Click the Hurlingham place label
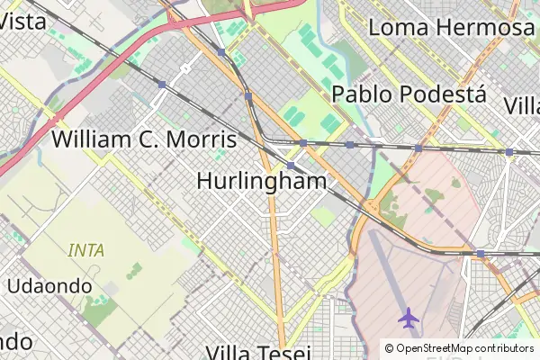coord(261,181)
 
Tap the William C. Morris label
coord(144,139)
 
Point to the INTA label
coord(86,250)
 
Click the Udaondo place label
coord(49,285)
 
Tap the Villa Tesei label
coord(258,352)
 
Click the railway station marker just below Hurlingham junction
coord(291,166)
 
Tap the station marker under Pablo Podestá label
coord(349,144)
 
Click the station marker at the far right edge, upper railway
coord(509,152)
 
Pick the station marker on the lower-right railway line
coord(481,254)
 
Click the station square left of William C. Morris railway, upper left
coord(161,84)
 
